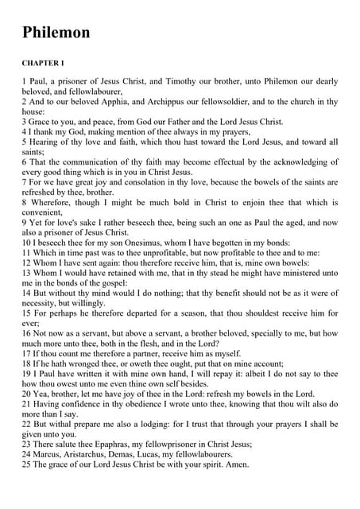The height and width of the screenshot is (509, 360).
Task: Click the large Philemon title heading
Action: tap(56, 33)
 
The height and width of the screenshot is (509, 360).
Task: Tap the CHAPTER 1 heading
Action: tap(43, 62)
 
